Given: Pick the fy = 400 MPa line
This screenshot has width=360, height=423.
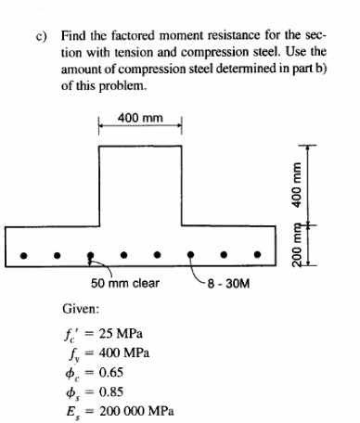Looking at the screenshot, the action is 102,353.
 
